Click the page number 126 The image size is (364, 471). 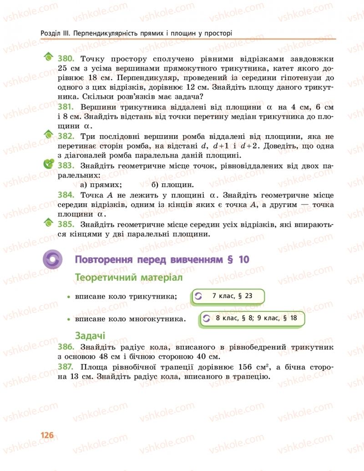click(47, 435)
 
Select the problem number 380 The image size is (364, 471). click(66, 59)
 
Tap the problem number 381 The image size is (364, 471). click(66, 107)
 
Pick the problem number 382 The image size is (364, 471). click(66, 137)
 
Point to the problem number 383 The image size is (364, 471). click(66, 166)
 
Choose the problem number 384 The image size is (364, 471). click(66, 195)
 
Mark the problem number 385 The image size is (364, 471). click(66, 224)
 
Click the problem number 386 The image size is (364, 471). click(66, 347)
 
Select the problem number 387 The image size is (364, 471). click(66, 367)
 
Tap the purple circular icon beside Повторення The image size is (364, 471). click(52, 260)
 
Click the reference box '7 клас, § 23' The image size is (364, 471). click(228, 296)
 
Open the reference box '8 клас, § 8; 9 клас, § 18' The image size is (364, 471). click(252, 319)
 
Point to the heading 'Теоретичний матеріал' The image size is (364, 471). click(122, 277)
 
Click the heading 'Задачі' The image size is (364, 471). click(90, 336)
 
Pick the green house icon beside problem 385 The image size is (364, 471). click(48, 223)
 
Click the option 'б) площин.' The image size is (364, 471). click(173, 185)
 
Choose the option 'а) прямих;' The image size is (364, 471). click(101, 185)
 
